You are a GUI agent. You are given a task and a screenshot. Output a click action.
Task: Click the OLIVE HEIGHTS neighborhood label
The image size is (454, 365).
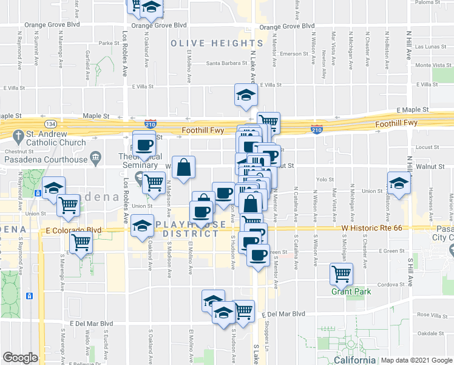click(217, 43)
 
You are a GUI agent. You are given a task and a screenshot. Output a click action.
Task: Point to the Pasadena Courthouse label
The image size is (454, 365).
click(46, 159)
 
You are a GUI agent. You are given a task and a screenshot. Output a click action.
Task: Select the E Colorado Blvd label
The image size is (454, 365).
click(73, 231)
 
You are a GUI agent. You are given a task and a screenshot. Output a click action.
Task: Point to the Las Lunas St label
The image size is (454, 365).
click(432, 46)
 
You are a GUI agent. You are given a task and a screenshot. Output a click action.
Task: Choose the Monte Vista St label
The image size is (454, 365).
click(432, 65)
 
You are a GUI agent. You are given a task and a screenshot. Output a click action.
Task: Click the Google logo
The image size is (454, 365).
click(20, 358)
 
